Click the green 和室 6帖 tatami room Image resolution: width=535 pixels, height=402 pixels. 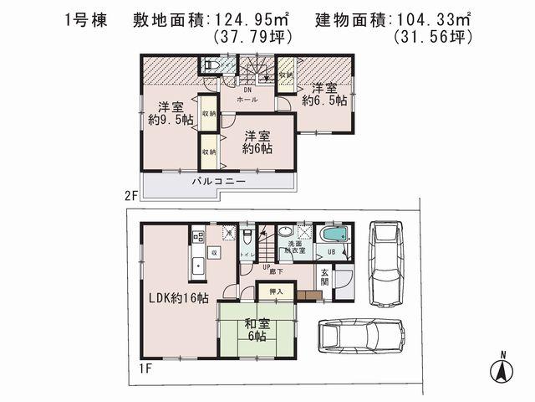[255, 327]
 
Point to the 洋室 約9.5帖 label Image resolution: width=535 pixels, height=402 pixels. [171, 113]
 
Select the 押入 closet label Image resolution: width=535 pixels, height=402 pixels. [276, 291]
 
